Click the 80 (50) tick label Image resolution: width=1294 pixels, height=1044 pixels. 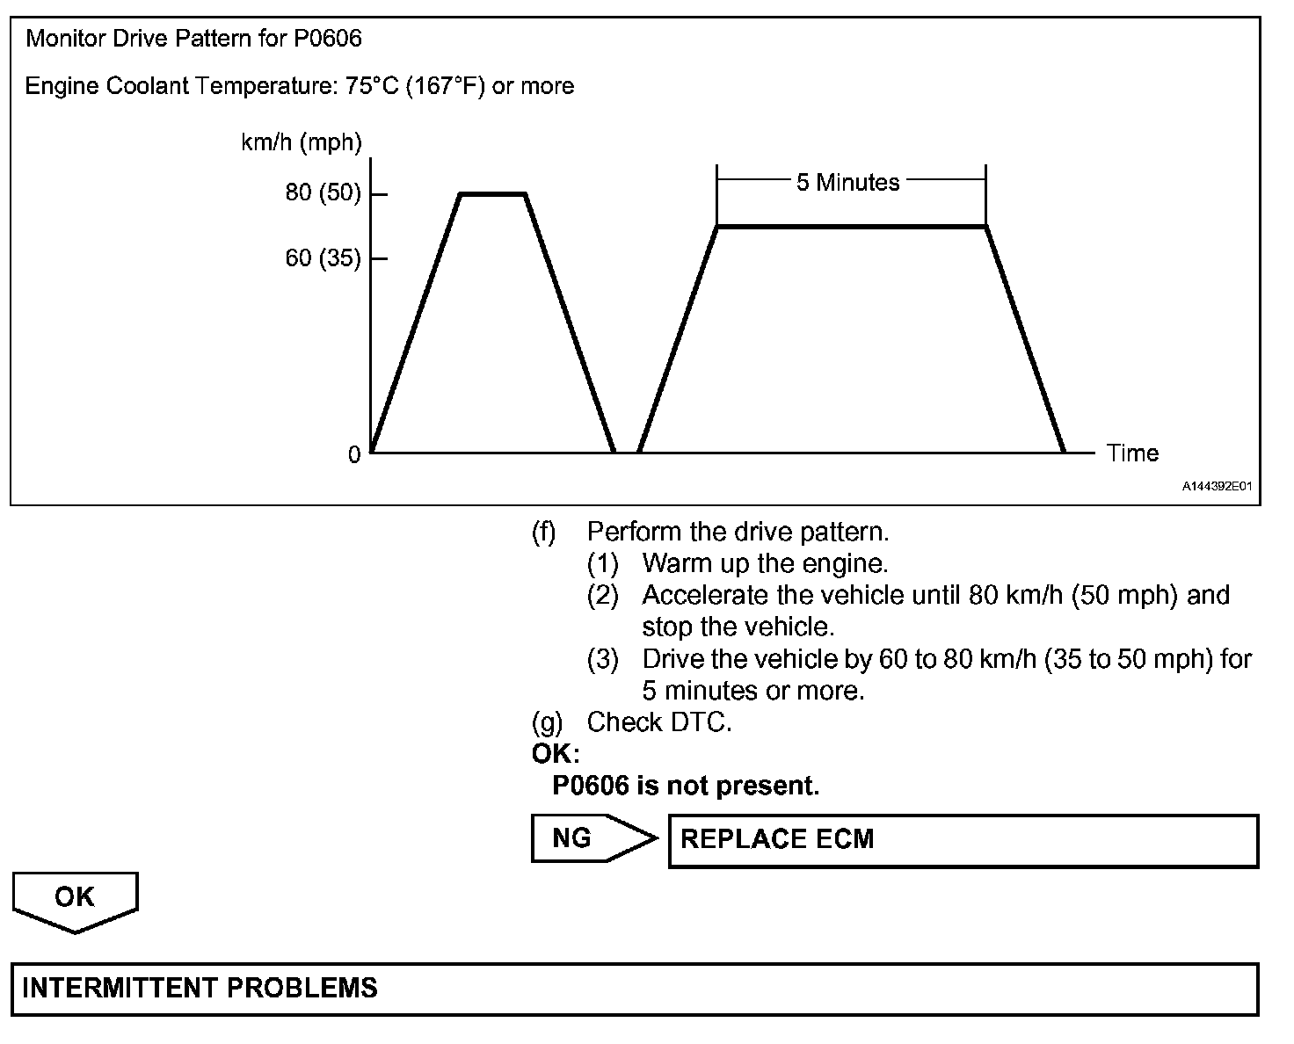click(323, 193)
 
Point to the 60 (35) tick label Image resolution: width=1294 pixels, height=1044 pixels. click(323, 258)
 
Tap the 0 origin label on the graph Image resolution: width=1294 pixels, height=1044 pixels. click(354, 455)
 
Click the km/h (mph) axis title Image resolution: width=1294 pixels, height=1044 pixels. click(302, 143)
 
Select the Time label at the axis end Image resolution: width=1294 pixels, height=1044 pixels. click(1132, 453)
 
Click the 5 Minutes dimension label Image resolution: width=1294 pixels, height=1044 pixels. click(848, 183)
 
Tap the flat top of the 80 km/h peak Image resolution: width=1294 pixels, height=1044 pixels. click(493, 193)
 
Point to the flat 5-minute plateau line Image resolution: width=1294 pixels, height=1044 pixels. click(851, 227)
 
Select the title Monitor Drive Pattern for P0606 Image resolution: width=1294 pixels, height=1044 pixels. click(193, 39)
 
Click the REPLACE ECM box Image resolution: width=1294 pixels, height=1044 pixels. click(963, 840)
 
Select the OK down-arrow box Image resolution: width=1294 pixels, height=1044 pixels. click(76, 898)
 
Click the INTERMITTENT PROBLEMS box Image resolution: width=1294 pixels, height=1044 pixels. click(635, 989)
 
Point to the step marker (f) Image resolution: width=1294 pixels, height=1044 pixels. click(544, 532)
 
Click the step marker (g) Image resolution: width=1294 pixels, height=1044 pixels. click(546, 722)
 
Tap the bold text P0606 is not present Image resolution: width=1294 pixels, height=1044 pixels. click(686, 786)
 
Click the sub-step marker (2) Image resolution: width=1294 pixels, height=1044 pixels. click(603, 596)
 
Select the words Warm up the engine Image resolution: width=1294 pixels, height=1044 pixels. click(766, 563)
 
